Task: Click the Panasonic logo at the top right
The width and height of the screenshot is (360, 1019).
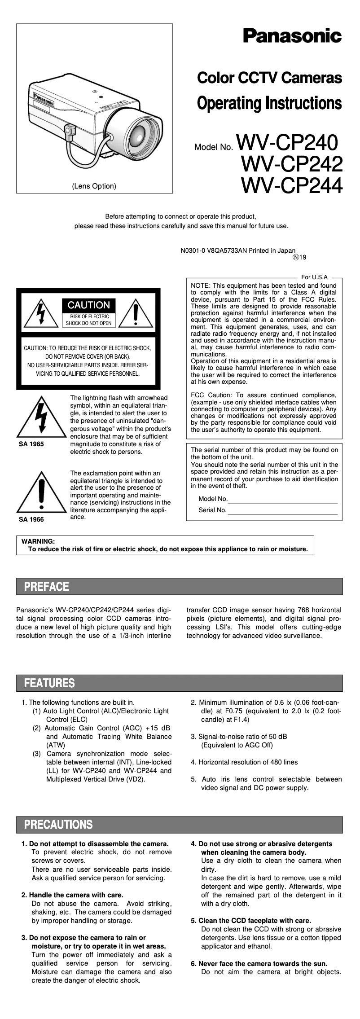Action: click(292, 35)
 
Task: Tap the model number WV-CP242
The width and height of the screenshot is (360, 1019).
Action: click(292, 164)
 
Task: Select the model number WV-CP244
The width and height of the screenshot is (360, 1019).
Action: click(292, 185)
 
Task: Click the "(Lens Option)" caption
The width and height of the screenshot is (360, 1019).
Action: click(94, 186)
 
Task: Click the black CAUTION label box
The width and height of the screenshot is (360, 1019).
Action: click(88, 305)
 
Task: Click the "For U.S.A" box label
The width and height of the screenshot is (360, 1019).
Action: click(314, 277)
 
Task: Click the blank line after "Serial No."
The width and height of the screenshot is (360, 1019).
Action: click(282, 510)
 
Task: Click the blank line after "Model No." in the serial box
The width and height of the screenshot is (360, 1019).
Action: click(282, 499)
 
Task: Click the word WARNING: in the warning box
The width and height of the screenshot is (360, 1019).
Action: click(38, 541)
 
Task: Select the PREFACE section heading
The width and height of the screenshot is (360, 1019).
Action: click(47, 587)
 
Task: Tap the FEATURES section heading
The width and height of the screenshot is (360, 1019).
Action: click(49, 683)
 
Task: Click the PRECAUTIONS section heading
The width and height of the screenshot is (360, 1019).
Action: click(58, 825)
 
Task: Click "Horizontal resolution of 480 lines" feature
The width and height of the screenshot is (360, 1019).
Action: click(244, 762)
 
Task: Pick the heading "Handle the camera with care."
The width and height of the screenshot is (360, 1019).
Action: click(72, 895)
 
